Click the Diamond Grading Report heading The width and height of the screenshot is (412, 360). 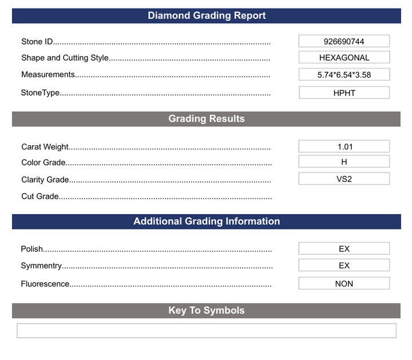click(x=207, y=15)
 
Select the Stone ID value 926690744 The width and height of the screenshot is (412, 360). click(x=344, y=41)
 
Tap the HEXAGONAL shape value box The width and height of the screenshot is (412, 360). click(x=344, y=57)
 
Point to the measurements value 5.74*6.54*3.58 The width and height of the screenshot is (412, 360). click(x=344, y=74)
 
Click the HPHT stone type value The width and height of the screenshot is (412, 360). click(x=344, y=93)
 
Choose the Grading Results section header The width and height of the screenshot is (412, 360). click(x=207, y=118)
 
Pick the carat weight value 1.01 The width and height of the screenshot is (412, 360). click(x=344, y=147)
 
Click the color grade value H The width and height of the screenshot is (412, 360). click(x=344, y=162)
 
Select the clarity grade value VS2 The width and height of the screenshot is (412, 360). click(x=344, y=179)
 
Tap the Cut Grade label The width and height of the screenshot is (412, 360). click(x=40, y=196)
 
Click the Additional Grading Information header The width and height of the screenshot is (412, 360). click(x=207, y=221)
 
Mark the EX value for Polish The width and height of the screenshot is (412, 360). click(x=344, y=248)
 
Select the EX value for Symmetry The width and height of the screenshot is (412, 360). click(x=344, y=266)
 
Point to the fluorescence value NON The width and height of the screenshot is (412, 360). click(x=344, y=283)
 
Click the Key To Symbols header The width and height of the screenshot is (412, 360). click(x=207, y=310)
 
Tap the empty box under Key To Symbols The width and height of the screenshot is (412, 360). click(x=207, y=331)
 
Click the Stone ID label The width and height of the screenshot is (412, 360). click(x=37, y=42)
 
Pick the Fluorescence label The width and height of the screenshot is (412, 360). click(x=45, y=284)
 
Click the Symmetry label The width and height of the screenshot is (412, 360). click(x=41, y=266)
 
